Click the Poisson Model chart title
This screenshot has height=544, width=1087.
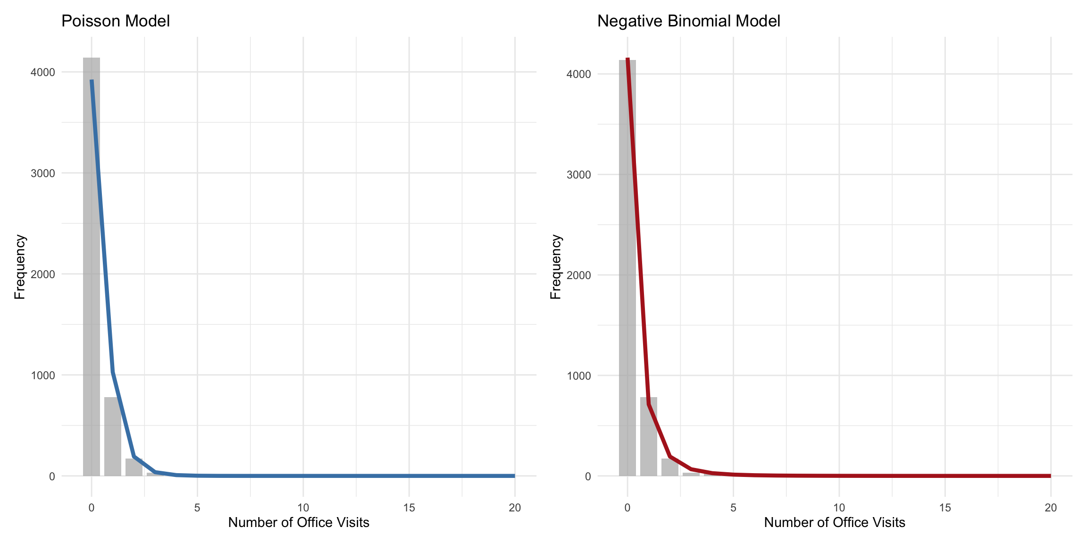116,21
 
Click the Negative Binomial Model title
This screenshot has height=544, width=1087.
688,21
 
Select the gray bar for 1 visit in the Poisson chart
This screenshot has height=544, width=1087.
112,437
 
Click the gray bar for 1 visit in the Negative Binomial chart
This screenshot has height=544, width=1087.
648,437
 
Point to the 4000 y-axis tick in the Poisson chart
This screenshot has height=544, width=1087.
43,72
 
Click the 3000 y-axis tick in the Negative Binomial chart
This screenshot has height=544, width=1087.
579,175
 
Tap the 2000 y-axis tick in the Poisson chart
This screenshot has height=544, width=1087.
43,274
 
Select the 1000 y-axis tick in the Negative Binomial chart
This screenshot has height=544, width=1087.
579,376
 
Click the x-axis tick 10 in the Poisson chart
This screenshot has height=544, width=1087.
303,508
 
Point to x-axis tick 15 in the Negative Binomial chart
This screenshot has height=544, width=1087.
945,508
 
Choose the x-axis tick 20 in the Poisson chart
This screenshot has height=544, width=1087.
515,508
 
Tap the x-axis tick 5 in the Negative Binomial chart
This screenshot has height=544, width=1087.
733,508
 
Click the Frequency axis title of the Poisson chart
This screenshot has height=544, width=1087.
20,267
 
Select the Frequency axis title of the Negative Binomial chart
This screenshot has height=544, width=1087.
556,267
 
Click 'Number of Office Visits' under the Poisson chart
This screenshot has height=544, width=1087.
299,523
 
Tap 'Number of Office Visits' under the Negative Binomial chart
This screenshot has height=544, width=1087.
835,523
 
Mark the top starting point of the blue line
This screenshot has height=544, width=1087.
92,81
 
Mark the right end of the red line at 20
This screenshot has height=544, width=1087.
1050,476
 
